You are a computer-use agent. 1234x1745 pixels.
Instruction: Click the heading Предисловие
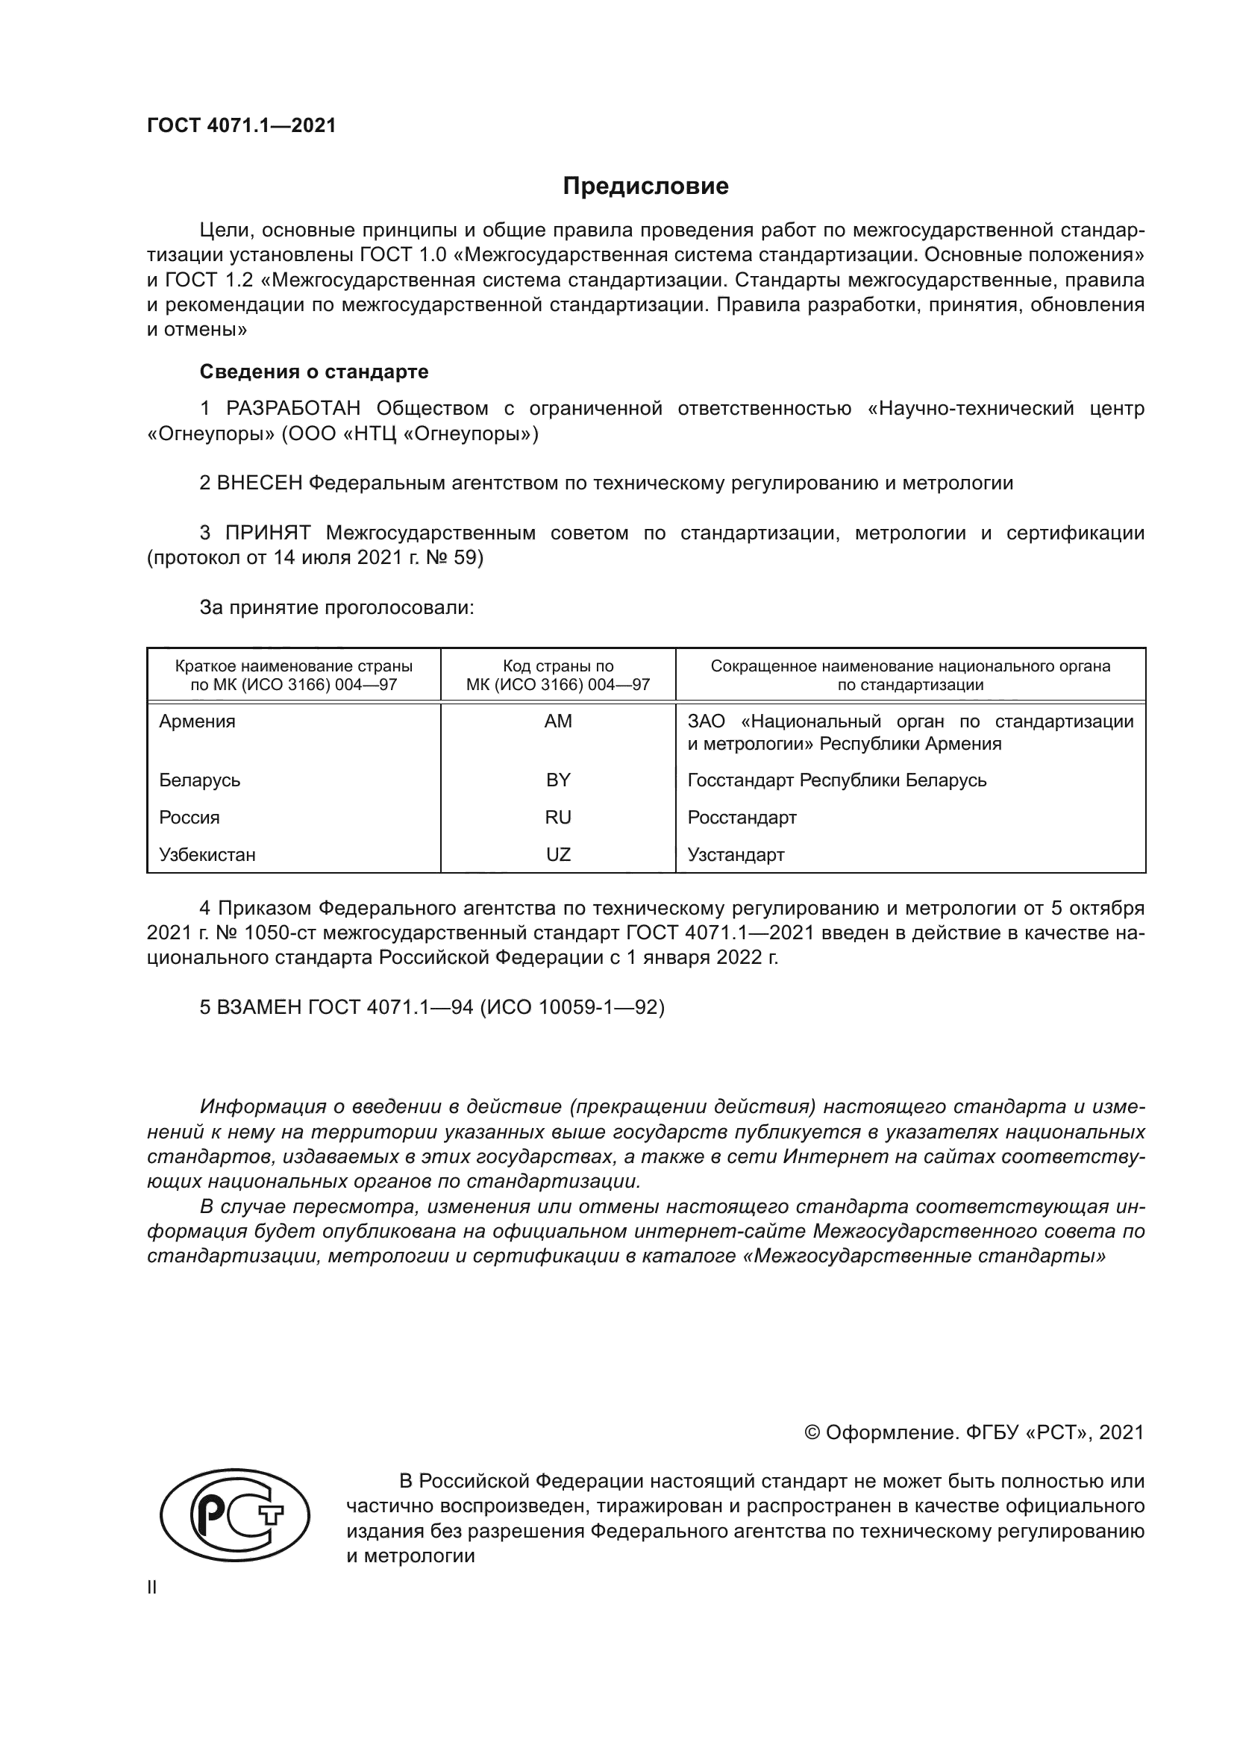pyautogui.click(x=645, y=187)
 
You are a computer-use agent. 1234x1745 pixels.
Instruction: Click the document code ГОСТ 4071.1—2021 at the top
pyautogui.click(x=241, y=126)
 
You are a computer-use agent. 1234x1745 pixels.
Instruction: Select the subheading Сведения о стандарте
pyautogui.click(x=314, y=372)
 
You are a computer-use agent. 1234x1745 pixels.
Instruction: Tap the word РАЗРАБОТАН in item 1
pyautogui.click(x=293, y=409)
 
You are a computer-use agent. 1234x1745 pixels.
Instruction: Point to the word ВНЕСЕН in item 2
pyautogui.click(x=260, y=483)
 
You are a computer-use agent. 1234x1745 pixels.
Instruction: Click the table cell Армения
pyautogui.click(x=198, y=721)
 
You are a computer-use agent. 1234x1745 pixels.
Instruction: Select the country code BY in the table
pyautogui.click(x=558, y=780)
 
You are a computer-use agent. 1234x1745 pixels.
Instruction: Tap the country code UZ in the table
pyautogui.click(x=558, y=855)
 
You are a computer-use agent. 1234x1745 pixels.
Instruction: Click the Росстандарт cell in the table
pyautogui.click(x=742, y=818)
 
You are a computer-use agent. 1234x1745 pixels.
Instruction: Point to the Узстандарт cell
pyautogui.click(x=736, y=855)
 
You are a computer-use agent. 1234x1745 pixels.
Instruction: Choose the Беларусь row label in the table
pyautogui.click(x=200, y=780)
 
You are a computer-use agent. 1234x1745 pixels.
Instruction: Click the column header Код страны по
pyautogui.click(x=558, y=666)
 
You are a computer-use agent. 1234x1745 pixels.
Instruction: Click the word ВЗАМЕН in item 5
pyautogui.click(x=260, y=1008)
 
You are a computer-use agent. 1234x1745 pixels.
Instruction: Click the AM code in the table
pyautogui.click(x=558, y=721)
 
